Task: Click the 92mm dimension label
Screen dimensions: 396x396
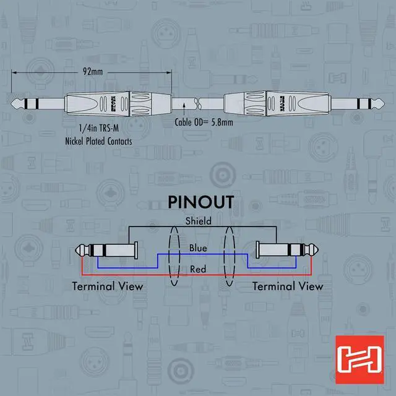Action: (x=92, y=72)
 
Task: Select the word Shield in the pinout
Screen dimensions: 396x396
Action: (x=198, y=221)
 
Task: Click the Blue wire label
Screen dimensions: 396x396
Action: (x=198, y=249)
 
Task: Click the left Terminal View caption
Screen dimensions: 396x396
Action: (x=108, y=286)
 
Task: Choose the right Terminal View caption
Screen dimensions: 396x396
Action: (x=288, y=286)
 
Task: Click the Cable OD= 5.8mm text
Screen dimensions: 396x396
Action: (x=203, y=123)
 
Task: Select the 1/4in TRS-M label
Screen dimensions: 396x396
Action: (x=99, y=129)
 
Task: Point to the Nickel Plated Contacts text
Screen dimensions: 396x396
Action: (x=99, y=141)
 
